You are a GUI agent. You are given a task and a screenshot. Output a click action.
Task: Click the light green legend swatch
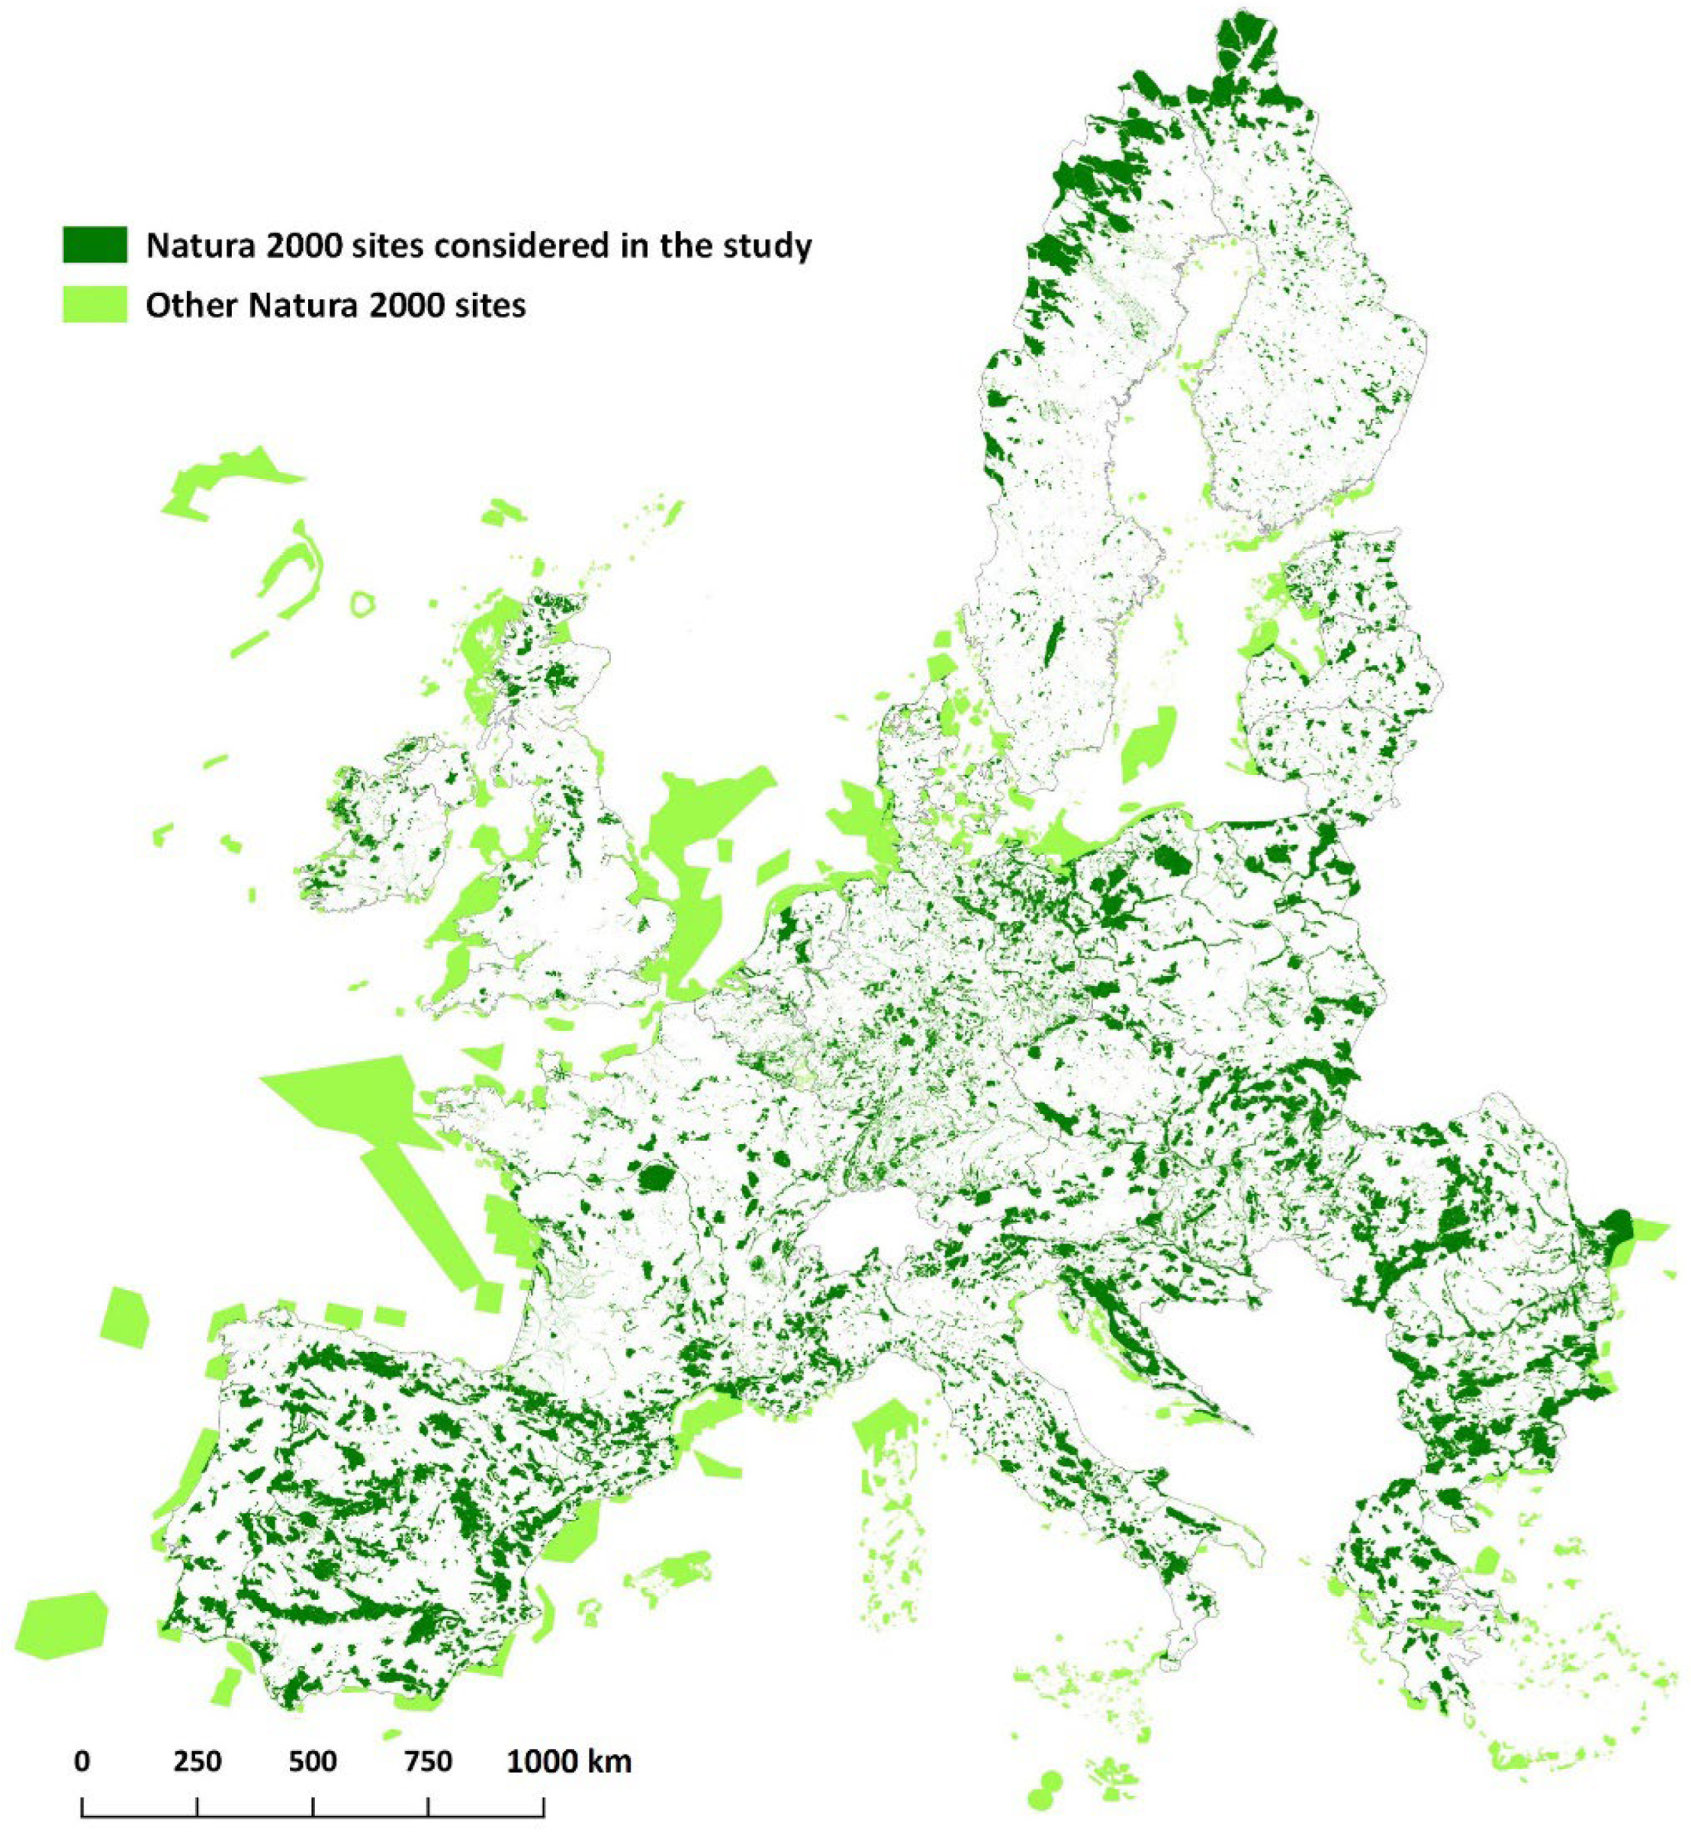click(x=95, y=303)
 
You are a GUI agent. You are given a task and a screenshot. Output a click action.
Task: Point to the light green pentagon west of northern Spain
click(x=124, y=1318)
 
